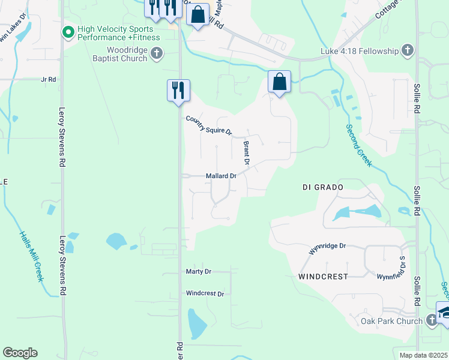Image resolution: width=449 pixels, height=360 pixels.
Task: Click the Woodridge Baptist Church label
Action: pos(127,54)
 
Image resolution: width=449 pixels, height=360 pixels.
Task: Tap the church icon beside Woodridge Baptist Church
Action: pos(156,54)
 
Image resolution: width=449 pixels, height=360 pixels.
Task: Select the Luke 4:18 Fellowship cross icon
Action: pos(408,50)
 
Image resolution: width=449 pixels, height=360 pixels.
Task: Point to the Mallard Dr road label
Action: pos(221,176)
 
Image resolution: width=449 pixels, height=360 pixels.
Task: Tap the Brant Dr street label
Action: pos(246,153)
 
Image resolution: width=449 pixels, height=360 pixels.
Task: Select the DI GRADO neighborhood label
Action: pos(322,188)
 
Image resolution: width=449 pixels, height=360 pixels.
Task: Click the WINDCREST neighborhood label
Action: pos(323,277)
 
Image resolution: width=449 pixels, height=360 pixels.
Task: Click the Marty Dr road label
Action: pos(199,272)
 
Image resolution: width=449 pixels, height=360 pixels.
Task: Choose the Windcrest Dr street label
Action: pos(205,294)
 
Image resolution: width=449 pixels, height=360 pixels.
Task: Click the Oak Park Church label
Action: pos(391,321)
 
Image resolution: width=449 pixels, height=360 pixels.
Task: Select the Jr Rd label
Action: pos(48,79)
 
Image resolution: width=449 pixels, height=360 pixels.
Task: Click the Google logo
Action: pos(20,353)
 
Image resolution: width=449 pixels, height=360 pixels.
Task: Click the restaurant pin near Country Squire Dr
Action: pos(178,91)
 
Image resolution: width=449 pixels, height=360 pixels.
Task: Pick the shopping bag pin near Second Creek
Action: pos(279,82)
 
